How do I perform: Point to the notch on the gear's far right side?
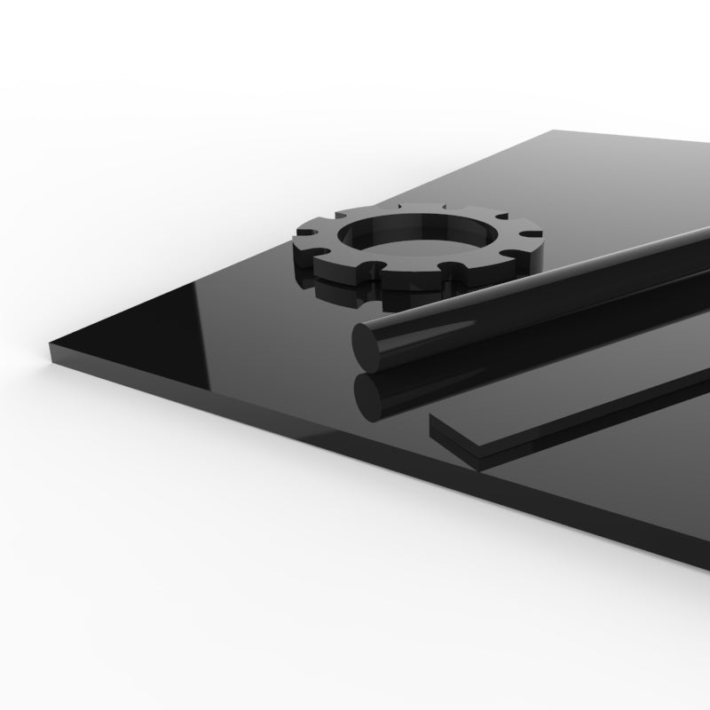tap(536, 236)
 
